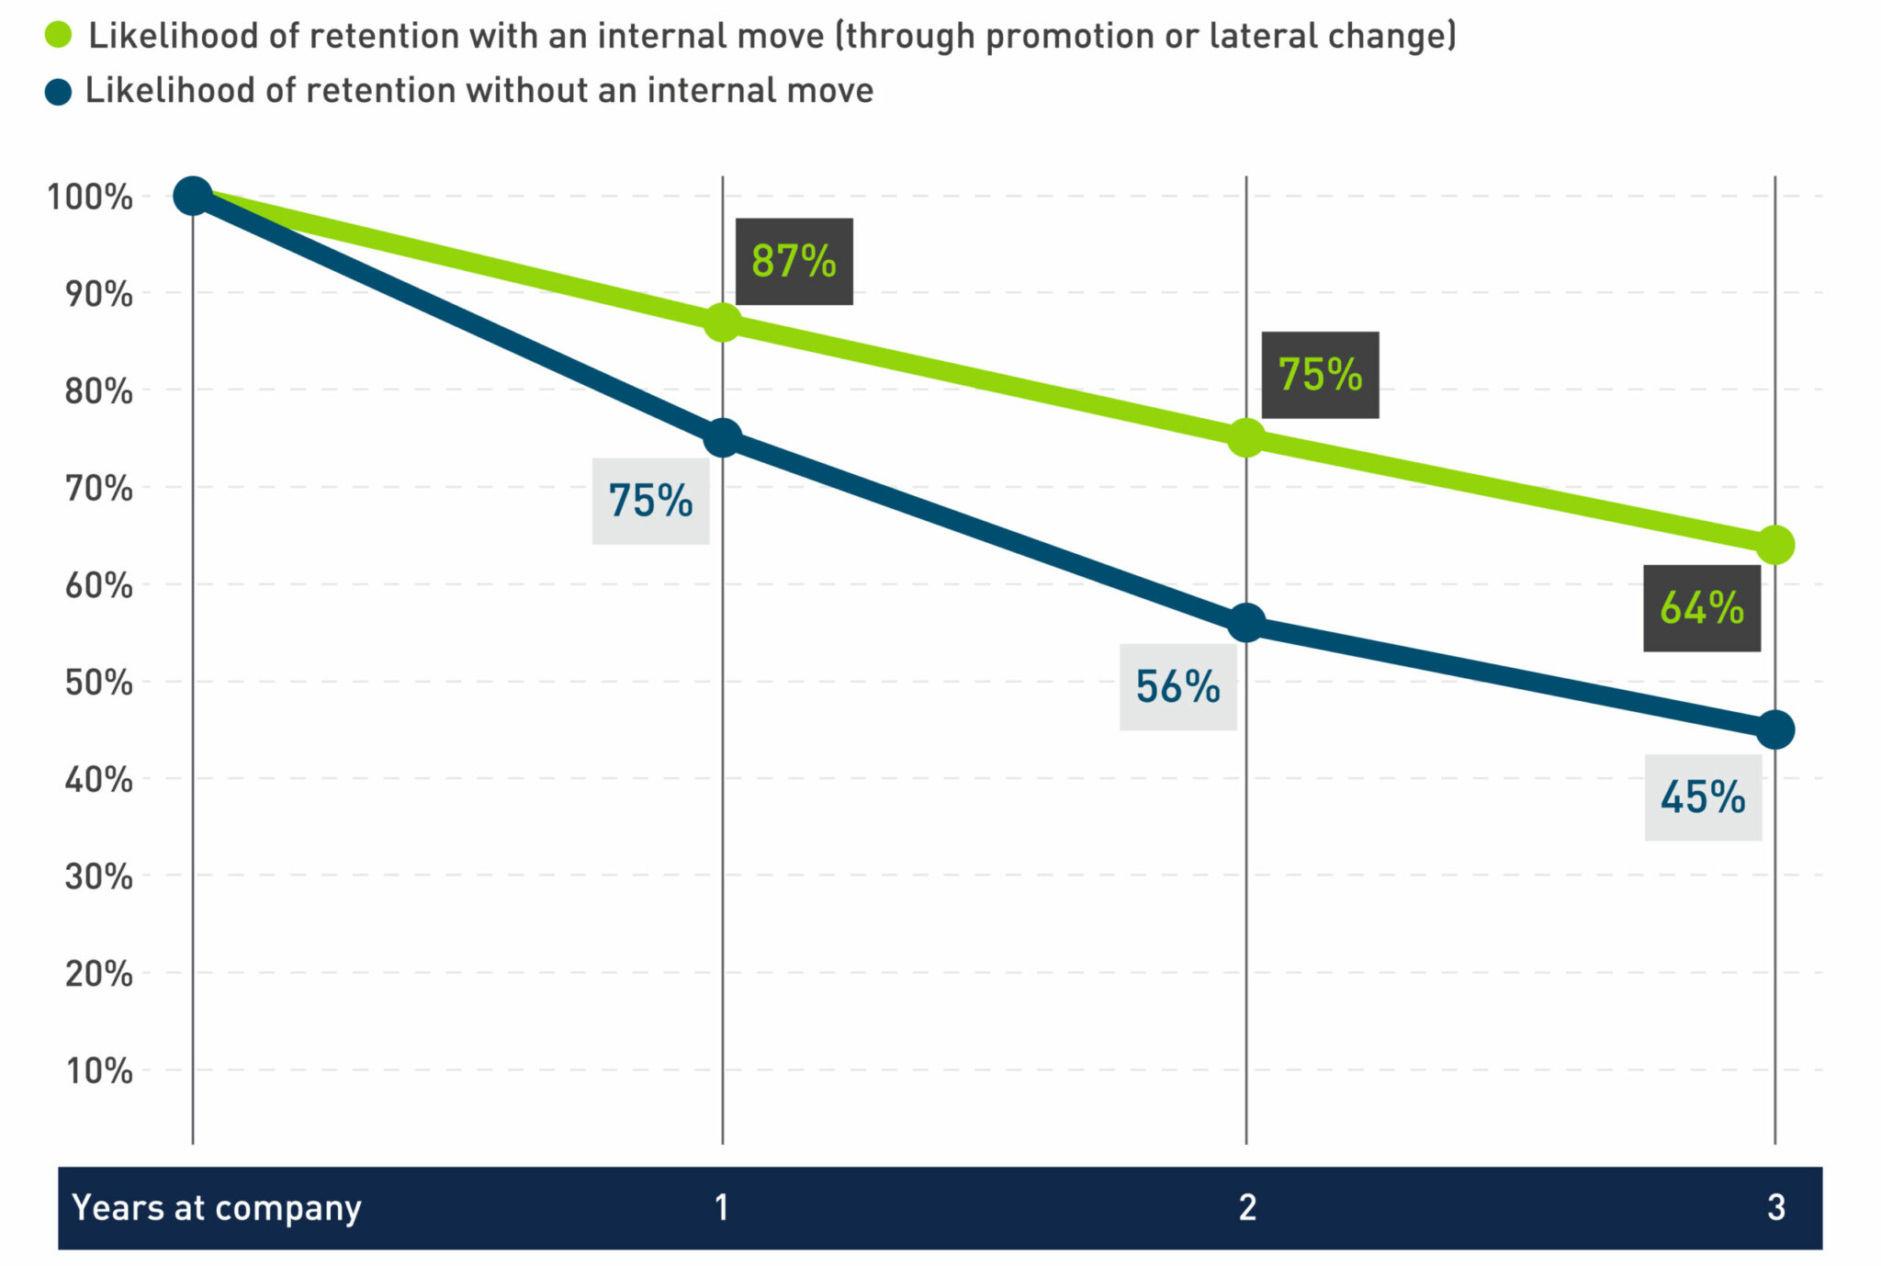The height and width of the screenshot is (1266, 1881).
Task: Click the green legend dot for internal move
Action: pos(58,36)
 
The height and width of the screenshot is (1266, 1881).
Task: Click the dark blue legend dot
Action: pos(58,92)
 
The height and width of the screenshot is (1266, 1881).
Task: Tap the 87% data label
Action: pos(794,261)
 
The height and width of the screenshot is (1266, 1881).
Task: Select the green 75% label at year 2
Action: pos(1320,375)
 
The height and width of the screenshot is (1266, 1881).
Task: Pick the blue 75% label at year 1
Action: pos(650,501)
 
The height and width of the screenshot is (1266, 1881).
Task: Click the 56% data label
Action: pos(1177,686)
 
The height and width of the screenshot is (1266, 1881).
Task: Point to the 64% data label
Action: pos(1701,608)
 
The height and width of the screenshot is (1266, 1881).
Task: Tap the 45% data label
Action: pos(1703,797)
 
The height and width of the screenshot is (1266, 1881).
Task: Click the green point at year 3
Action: pos(1774,545)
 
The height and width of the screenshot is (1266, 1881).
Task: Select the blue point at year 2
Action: pos(1245,623)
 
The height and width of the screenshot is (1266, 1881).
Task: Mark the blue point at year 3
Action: pos(1774,729)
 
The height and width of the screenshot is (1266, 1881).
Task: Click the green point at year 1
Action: pos(723,322)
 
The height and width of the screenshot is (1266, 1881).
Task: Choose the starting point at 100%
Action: pos(193,195)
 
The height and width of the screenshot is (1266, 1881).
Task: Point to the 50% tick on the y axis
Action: pos(98,683)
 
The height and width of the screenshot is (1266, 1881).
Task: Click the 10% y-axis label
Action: pos(98,1070)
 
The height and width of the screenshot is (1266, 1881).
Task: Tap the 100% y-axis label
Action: pos(89,197)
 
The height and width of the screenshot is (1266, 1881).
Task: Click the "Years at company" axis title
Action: pos(217,1207)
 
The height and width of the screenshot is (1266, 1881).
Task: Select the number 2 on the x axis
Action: pos(1246,1207)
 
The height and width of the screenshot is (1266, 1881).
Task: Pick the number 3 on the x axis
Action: pos(1775,1207)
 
